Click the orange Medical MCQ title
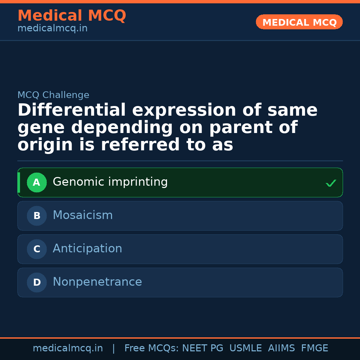click(x=72, y=16)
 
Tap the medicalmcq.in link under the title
click(x=52, y=29)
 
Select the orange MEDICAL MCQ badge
click(x=299, y=22)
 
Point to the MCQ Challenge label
click(x=53, y=95)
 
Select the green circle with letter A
click(x=37, y=182)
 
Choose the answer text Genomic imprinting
click(x=110, y=182)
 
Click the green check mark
click(x=331, y=183)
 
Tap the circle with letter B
click(x=37, y=216)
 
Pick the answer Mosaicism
click(x=83, y=215)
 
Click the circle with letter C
click(x=37, y=249)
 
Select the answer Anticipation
click(x=87, y=249)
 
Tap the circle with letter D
click(x=37, y=282)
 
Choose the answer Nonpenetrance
click(x=97, y=282)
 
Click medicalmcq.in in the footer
click(x=68, y=348)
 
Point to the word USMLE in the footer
click(x=245, y=348)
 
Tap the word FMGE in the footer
click(x=314, y=348)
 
